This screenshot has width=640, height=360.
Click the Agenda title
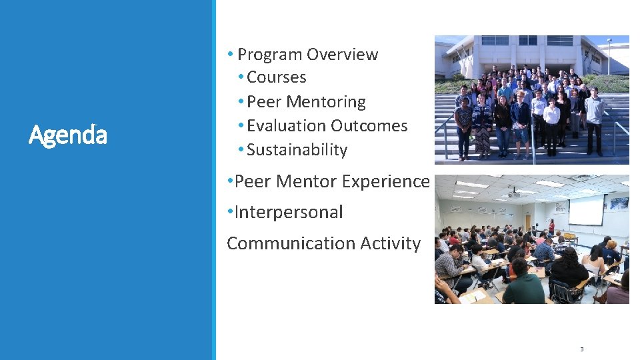click(x=68, y=135)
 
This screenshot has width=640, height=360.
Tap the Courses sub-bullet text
click(x=276, y=77)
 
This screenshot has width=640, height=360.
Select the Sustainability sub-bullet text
click(x=297, y=150)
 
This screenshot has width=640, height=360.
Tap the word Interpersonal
click(x=289, y=213)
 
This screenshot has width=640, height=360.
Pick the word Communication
click(x=291, y=244)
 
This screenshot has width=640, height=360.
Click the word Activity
click(x=391, y=244)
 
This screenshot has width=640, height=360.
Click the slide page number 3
click(x=581, y=349)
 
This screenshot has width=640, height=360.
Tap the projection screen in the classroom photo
click(x=585, y=209)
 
